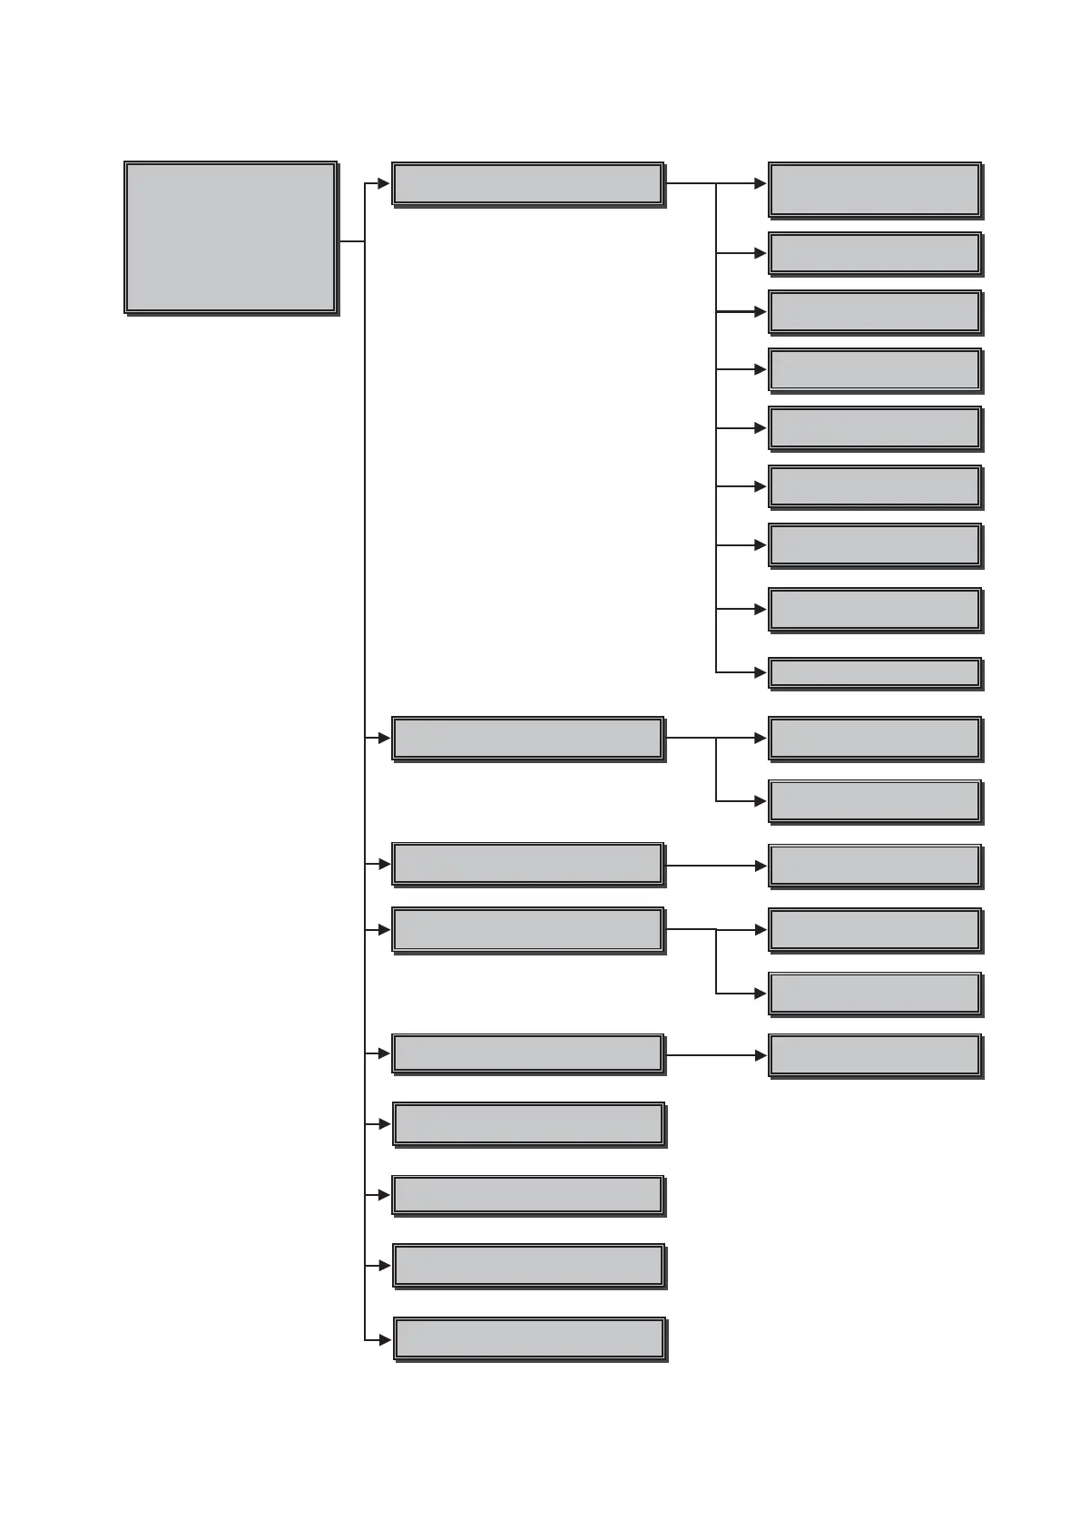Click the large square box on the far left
[231, 238]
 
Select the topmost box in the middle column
[527, 183]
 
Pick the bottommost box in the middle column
[529, 1338]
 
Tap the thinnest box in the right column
[875, 673]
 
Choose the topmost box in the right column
[875, 190]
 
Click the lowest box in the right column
[875, 1055]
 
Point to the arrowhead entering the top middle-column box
[384, 183]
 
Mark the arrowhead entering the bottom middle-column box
[385, 1338]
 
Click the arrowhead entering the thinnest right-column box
[761, 673]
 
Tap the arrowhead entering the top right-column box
[761, 183]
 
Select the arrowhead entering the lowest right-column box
[761, 1055]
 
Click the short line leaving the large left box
[351, 241]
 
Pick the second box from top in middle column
[527, 739]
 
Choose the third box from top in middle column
[527, 864]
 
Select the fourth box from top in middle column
[527, 929]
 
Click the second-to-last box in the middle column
[528, 1265]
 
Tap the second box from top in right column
[875, 254]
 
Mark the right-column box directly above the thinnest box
[875, 610]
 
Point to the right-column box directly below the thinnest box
[875, 739]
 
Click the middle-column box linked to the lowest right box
[527, 1053]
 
